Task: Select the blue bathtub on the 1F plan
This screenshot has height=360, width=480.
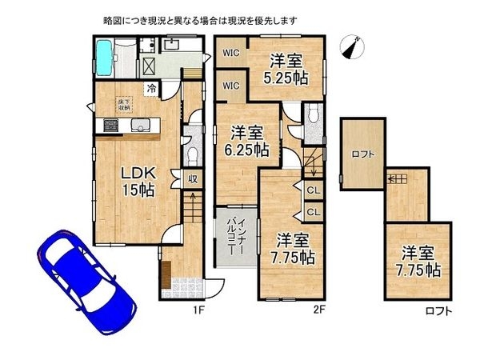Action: (106, 56)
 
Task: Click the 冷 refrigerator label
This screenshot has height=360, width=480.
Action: (150, 89)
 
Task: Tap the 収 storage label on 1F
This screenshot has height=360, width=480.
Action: (193, 179)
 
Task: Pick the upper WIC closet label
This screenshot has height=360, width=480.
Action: (230, 54)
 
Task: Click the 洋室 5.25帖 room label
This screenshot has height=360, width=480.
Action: (286, 69)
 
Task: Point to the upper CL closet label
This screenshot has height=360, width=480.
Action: (314, 190)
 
